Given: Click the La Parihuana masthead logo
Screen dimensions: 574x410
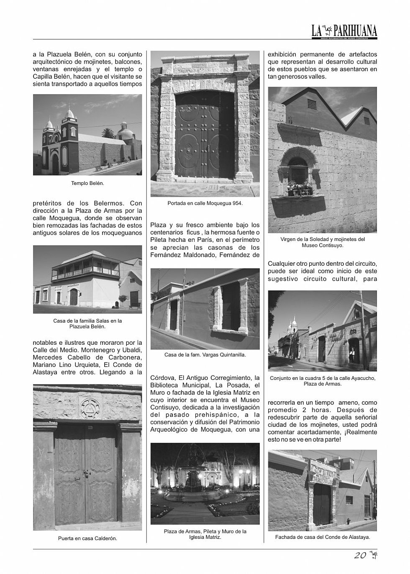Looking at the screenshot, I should (344, 31).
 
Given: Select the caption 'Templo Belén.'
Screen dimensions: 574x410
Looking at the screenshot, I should (87, 183).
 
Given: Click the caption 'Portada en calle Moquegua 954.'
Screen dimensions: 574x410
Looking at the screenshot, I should (205, 203).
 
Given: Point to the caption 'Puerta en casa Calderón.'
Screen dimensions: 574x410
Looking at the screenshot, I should (87, 538).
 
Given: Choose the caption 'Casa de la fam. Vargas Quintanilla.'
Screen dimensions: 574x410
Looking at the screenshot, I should (205, 355).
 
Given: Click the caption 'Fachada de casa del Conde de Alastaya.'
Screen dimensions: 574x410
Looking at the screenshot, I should (323, 537).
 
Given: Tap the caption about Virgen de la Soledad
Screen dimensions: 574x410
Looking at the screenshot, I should (323, 242).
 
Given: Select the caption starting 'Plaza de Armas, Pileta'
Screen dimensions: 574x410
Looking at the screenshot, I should (205, 534).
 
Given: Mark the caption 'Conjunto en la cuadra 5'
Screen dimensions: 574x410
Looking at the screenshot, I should (323, 381).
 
